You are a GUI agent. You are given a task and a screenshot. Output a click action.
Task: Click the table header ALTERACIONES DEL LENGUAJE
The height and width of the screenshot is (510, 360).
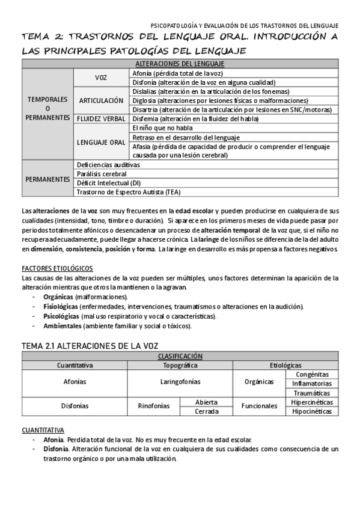pyautogui.click(x=180, y=63)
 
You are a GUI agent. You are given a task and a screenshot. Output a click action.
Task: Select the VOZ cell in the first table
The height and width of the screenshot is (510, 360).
pyautogui.click(x=100, y=78)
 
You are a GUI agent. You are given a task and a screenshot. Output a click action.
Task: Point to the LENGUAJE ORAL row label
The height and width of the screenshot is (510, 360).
pyautogui.click(x=100, y=142)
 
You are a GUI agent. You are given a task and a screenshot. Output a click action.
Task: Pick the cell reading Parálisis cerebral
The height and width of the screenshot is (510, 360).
pyautogui.click(x=102, y=173)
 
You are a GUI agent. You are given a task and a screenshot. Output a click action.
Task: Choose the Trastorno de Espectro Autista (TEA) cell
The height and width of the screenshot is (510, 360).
pyautogui.click(x=129, y=192)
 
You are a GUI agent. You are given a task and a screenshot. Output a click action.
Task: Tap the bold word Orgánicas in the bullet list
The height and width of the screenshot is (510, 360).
pyautogui.click(x=58, y=297)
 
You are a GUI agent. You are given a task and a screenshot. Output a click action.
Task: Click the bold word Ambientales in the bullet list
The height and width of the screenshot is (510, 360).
pyautogui.click(x=62, y=326)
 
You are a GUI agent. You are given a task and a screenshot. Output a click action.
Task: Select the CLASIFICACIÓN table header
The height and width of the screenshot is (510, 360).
pyautogui.click(x=180, y=356)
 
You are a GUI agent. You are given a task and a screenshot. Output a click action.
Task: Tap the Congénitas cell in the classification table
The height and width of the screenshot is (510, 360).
pyautogui.click(x=311, y=374)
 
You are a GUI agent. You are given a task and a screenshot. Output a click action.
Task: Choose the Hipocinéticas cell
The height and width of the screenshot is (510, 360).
pyautogui.click(x=311, y=411)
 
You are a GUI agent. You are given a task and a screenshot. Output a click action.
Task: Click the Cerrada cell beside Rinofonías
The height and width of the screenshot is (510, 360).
pyautogui.click(x=206, y=411)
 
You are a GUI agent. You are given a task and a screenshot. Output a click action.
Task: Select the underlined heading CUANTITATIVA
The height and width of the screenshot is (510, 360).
pyautogui.click(x=43, y=430)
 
